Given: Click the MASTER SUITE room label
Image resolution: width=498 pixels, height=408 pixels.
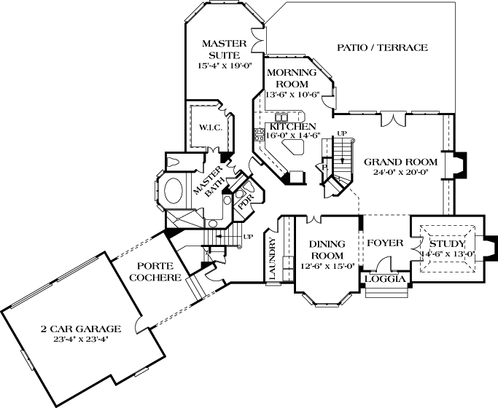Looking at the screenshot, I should point(223,49).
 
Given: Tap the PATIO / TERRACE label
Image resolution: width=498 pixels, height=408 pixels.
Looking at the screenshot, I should point(381,48).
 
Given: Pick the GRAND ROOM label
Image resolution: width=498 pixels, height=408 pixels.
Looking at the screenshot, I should point(400,162).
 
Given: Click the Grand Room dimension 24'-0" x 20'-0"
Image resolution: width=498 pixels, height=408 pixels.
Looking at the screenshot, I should point(400,173).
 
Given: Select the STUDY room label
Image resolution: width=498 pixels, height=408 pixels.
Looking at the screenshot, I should point(447,243).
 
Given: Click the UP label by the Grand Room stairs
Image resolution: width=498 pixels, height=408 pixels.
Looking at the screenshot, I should point(342,133).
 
